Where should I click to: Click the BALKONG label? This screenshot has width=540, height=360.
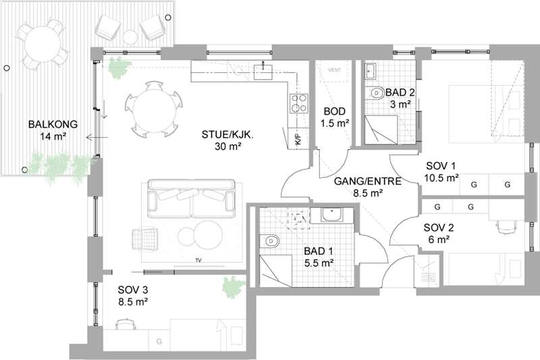[53, 124]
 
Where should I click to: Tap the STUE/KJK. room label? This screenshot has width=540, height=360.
[227, 134]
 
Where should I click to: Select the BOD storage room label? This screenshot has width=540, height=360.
[335, 111]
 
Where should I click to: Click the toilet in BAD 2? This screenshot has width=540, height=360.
[377, 93]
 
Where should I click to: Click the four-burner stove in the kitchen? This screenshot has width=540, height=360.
[298, 103]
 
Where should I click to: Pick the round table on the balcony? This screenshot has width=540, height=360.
[43, 44]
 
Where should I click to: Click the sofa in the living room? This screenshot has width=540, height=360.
[192, 198]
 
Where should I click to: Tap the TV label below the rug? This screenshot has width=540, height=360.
[198, 261]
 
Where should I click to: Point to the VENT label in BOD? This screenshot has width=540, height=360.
[334, 70]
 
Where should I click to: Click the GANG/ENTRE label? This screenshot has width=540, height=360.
[368, 182]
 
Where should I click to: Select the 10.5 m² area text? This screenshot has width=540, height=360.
[441, 178]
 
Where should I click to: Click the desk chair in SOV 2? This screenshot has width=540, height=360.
[506, 227]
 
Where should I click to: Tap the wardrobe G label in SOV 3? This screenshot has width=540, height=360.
[159, 341]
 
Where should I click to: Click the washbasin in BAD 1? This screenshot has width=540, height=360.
[331, 215]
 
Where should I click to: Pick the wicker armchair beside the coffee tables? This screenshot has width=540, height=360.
[145, 238]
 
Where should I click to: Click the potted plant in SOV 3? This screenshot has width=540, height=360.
[234, 286]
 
